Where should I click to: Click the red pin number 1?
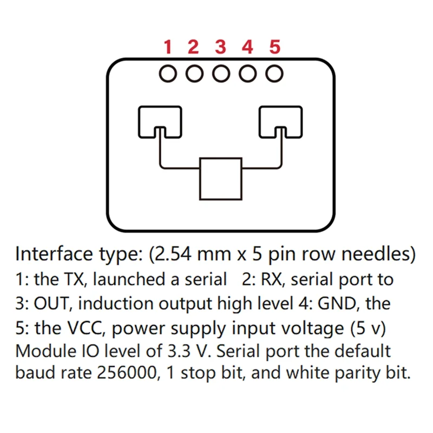tap(168, 48)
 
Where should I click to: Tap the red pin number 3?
tap(220, 48)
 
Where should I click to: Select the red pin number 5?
tap(275, 48)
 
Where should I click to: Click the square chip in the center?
tap(220, 179)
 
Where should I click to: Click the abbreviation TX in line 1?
tap(77, 280)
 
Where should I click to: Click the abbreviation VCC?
tap(85, 327)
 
